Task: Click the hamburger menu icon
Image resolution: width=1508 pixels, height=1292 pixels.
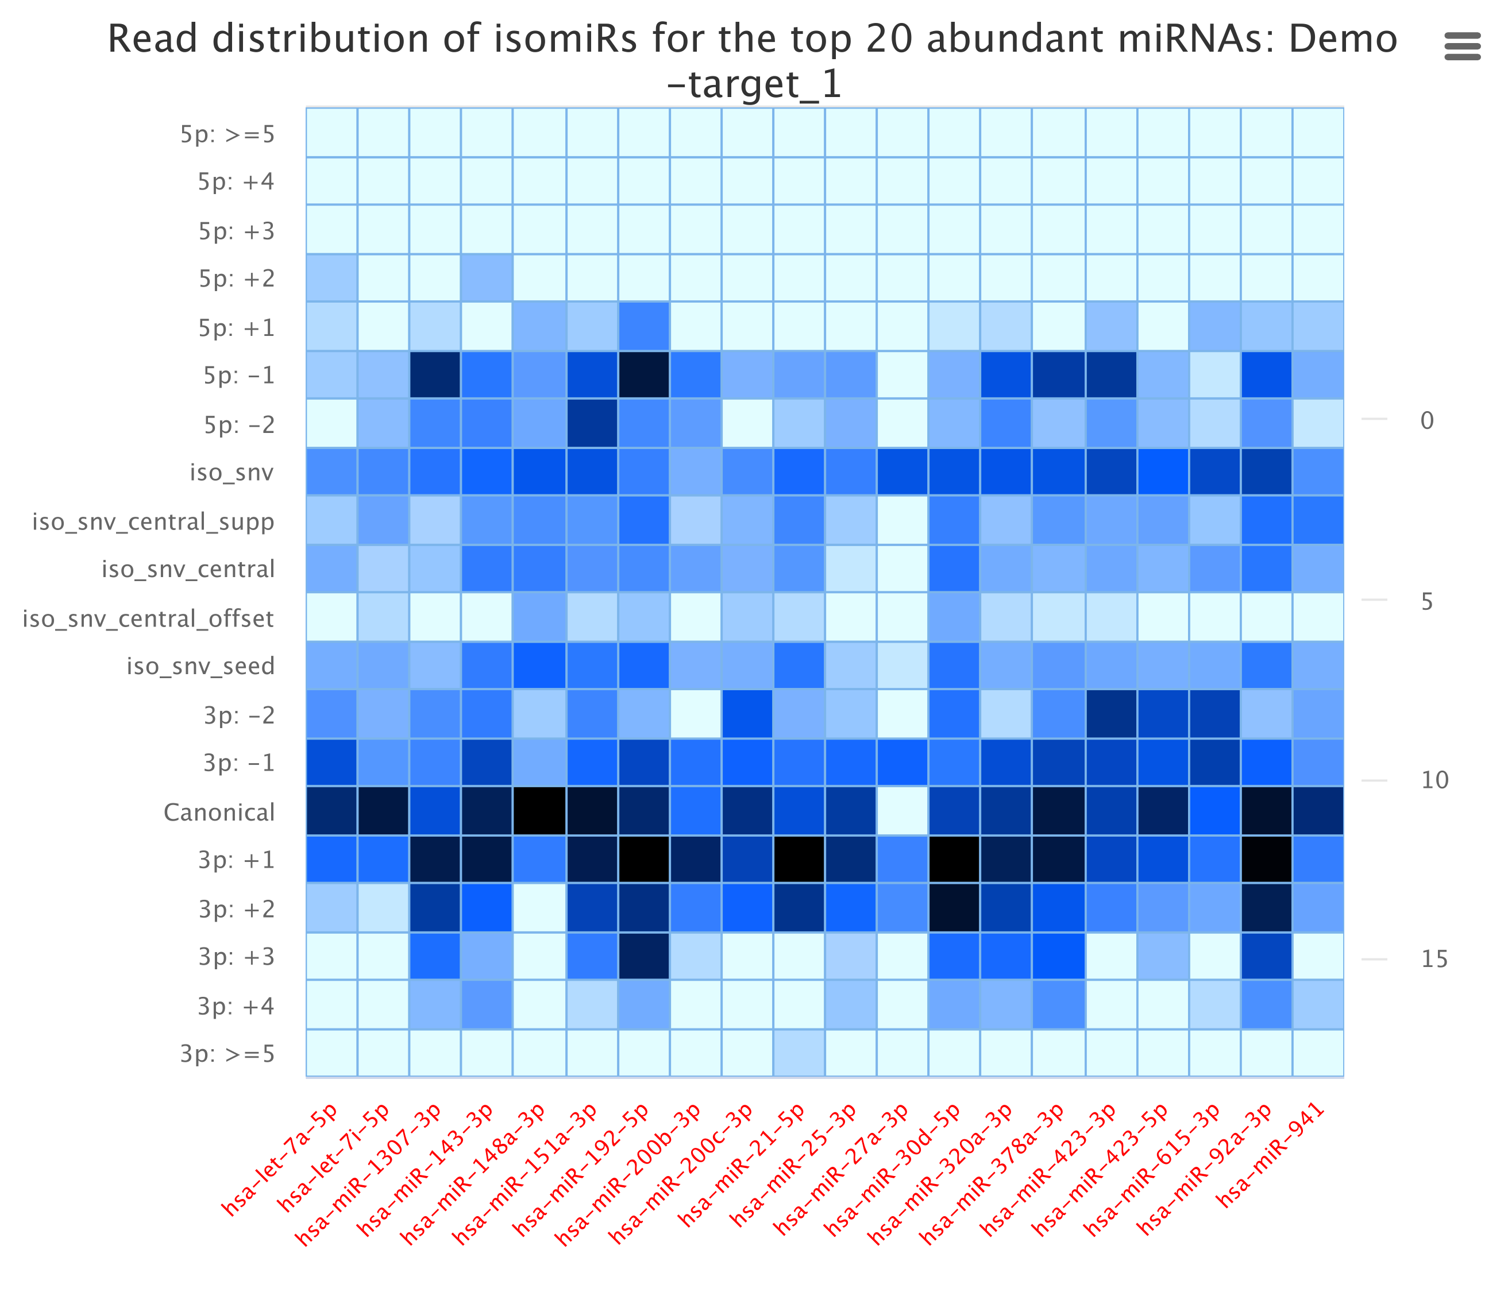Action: click(x=1462, y=46)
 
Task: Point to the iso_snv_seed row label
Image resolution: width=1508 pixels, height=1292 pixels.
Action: click(x=201, y=666)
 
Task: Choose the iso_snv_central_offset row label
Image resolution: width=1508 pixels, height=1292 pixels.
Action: click(x=148, y=618)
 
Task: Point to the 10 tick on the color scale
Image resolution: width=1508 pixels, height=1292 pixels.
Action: click(x=1434, y=780)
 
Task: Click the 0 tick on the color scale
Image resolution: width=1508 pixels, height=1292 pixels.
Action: click(x=1426, y=420)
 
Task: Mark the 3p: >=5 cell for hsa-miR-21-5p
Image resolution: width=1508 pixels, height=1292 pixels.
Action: click(x=799, y=1053)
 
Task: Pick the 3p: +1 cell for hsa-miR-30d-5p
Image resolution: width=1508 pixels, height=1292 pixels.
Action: click(x=954, y=859)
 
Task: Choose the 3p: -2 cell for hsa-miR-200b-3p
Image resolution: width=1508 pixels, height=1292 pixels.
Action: click(x=696, y=714)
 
